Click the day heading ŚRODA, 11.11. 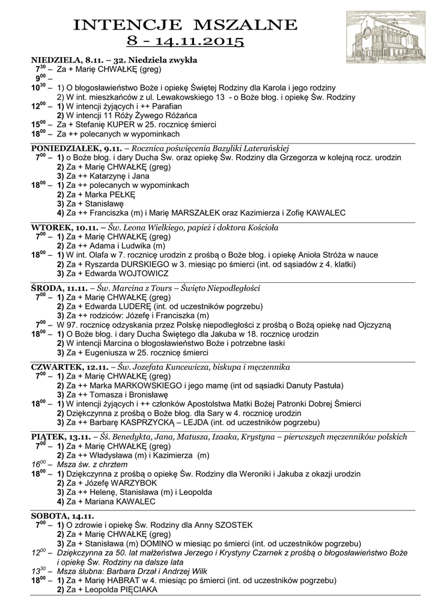click(x=57, y=288)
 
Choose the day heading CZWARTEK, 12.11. click(x=68, y=366)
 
